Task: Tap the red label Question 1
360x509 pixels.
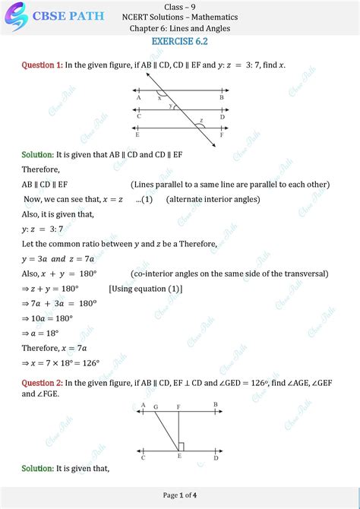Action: (42, 66)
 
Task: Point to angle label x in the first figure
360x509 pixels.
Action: (159, 97)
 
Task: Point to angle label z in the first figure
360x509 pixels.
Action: (201, 121)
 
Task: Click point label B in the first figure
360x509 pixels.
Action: (221, 98)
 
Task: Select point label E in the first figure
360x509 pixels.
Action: (137, 135)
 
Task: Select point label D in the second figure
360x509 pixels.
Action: (216, 458)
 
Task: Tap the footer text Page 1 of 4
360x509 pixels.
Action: (180, 495)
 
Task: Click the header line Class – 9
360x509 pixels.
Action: (180, 6)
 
